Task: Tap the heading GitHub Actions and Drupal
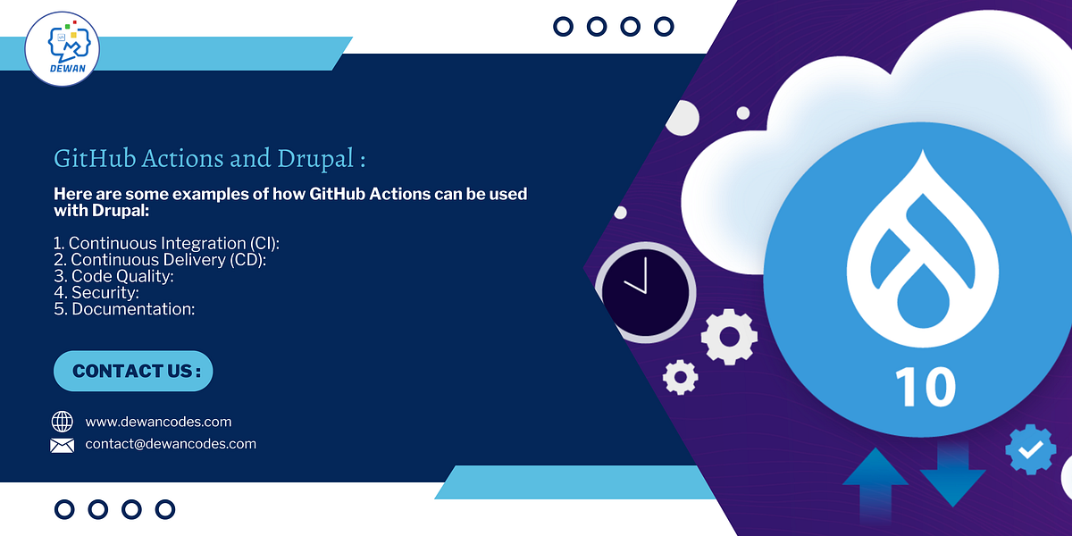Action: [x=210, y=159]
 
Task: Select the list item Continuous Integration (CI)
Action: [x=173, y=243]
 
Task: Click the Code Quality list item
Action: [x=113, y=276]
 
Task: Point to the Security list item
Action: [x=96, y=292]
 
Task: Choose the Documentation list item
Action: [x=124, y=309]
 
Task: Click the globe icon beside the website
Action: [x=63, y=422]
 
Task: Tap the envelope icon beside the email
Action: [x=63, y=445]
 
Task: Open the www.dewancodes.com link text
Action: [x=158, y=422]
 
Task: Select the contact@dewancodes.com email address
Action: [x=171, y=444]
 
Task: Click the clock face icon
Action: [x=645, y=291]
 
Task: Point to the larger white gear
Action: [x=729, y=337]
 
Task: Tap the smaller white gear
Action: [x=681, y=376]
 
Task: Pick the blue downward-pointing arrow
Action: [x=952, y=482]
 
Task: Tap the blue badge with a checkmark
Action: [x=1030, y=449]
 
